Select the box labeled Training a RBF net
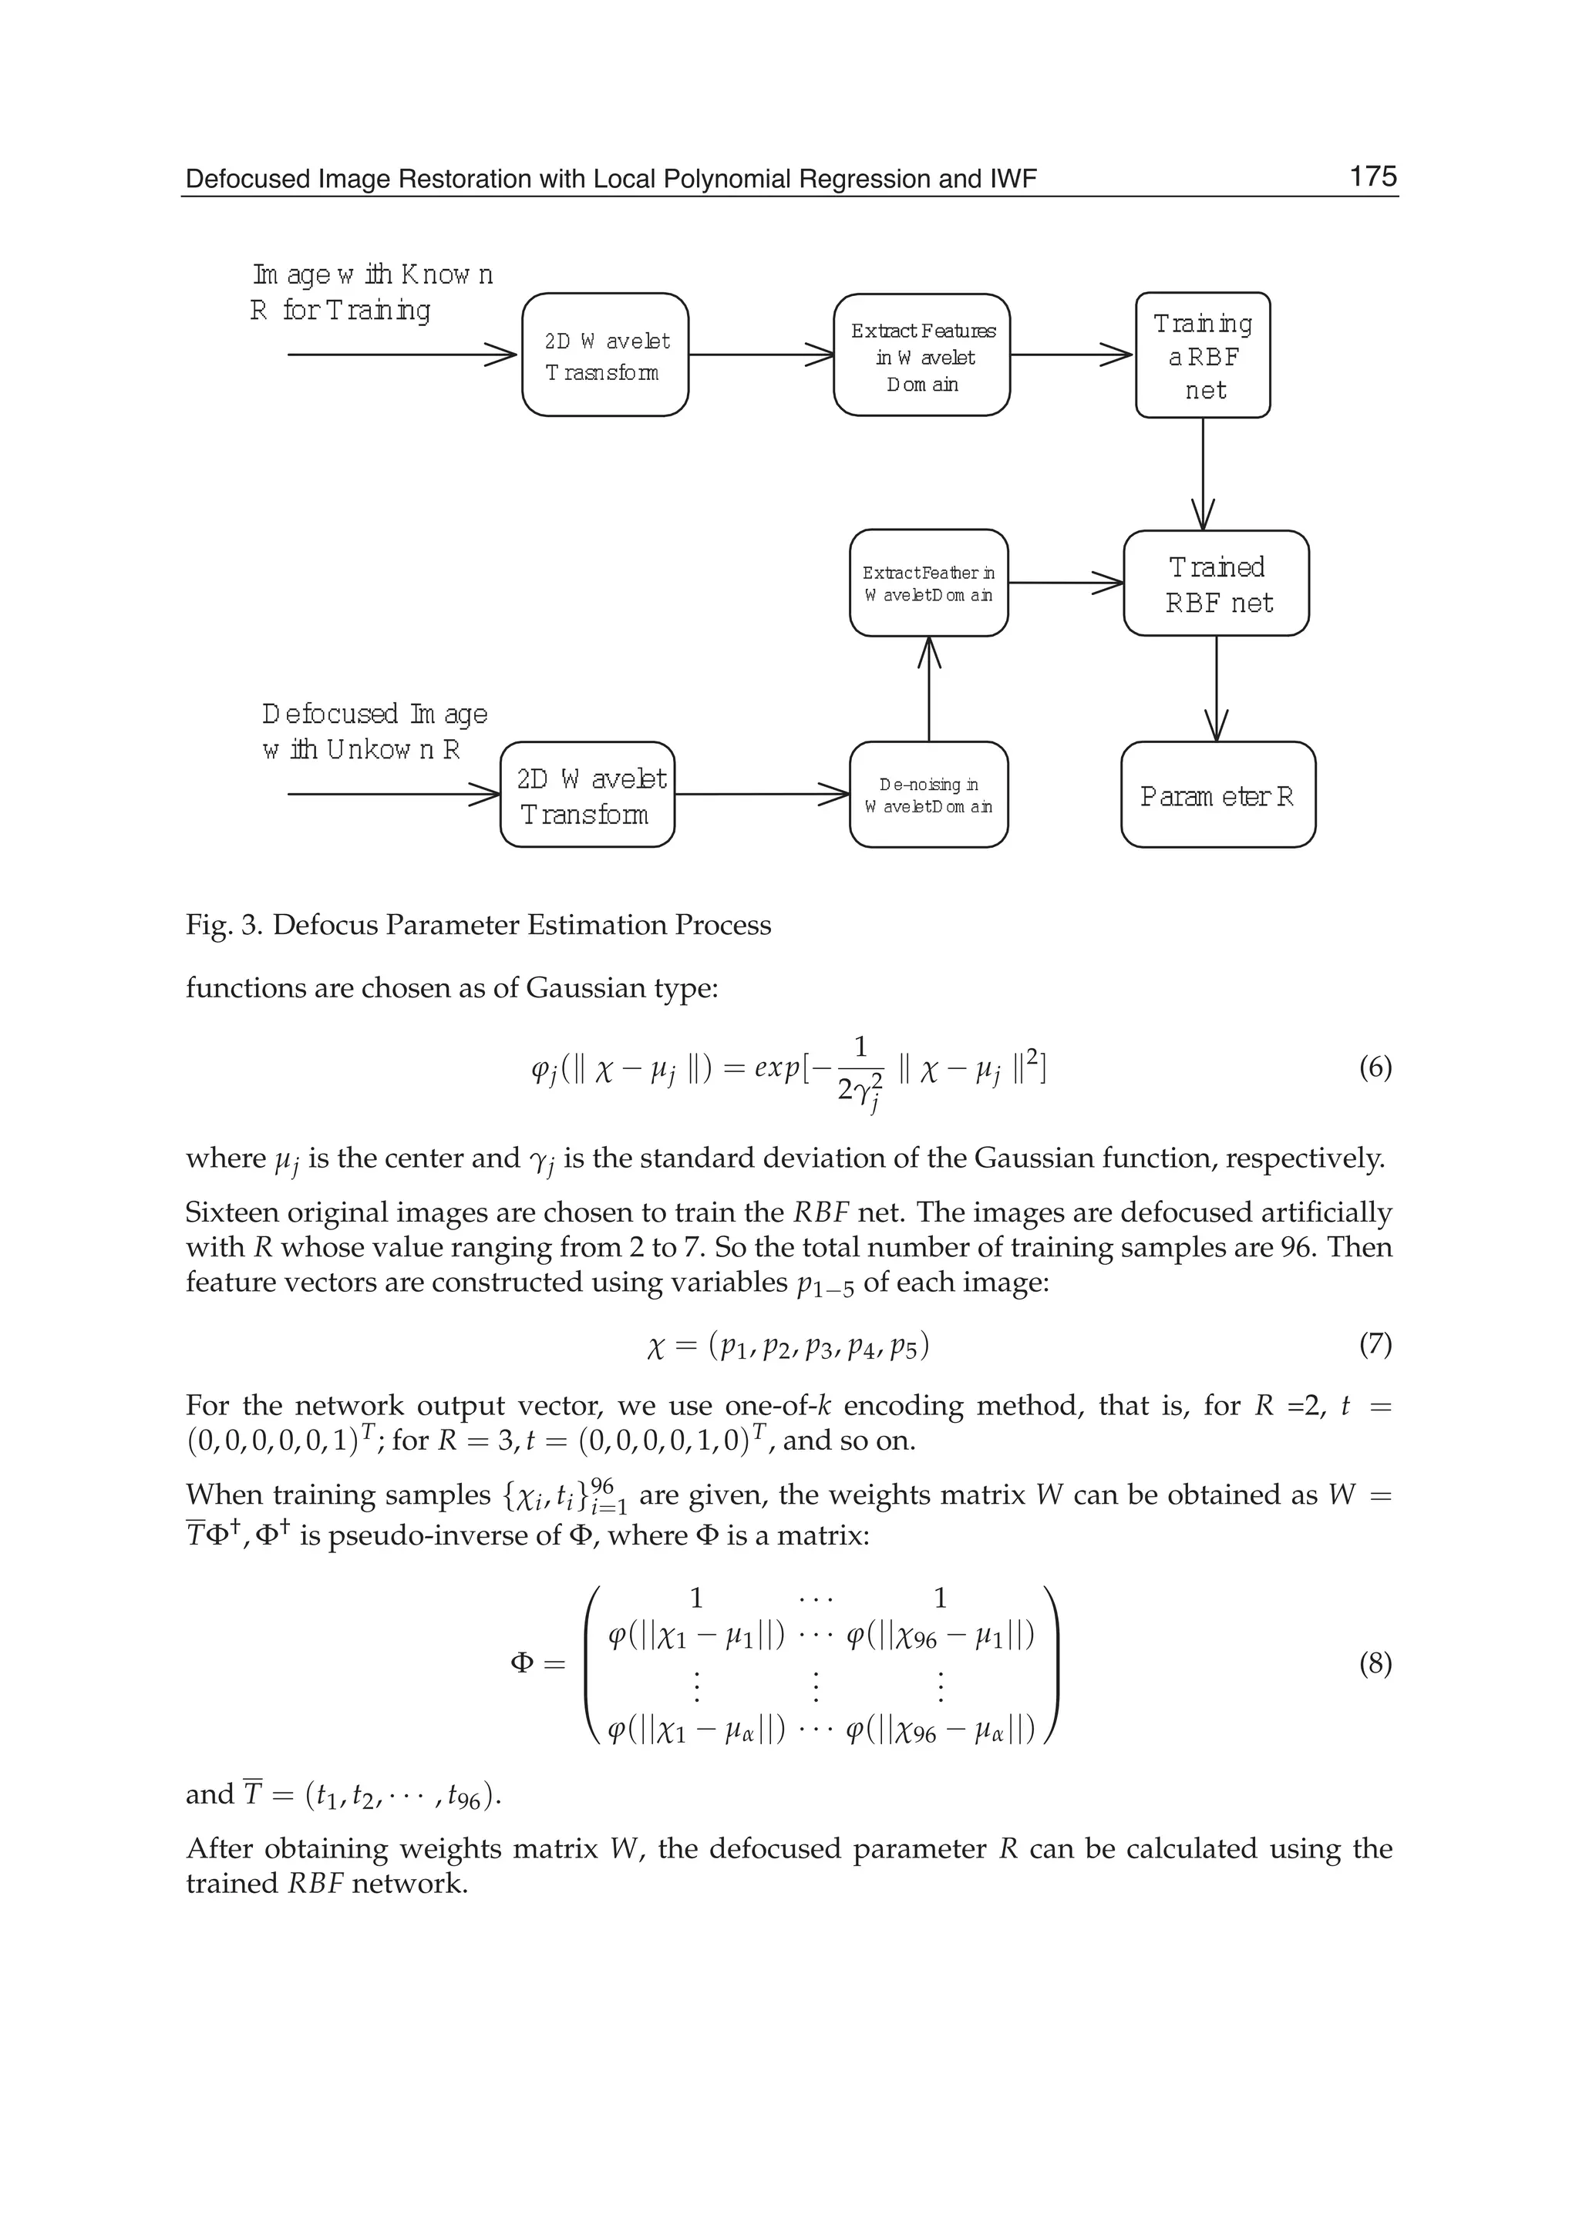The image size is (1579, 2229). [x=1203, y=356]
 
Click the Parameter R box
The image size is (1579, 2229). [x=1217, y=795]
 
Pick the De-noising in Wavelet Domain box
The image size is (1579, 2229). [x=928, y=795]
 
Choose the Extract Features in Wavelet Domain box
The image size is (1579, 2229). [x=922, y=356]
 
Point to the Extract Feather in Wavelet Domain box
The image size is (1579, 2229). [x=928, y=583]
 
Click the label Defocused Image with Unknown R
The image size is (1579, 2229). [x=375, y=731]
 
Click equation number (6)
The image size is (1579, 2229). [x=1375, y=1068]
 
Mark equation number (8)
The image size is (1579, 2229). [x=1375, y=1664]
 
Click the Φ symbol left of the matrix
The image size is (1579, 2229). [x=522, y=1663]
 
